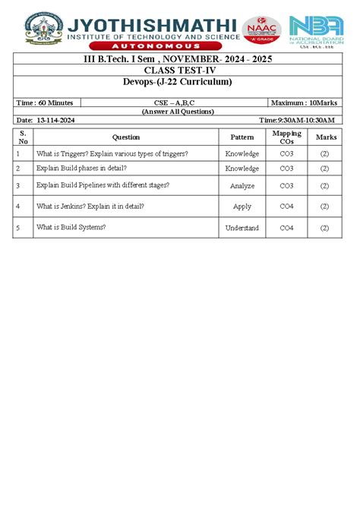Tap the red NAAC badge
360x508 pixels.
261,30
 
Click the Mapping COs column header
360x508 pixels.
286,137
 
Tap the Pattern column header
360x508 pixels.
242,137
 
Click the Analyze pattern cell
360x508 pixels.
242,185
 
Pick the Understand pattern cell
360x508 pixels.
242,228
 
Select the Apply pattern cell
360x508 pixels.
242,206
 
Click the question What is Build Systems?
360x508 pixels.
71,227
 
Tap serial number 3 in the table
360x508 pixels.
17,185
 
